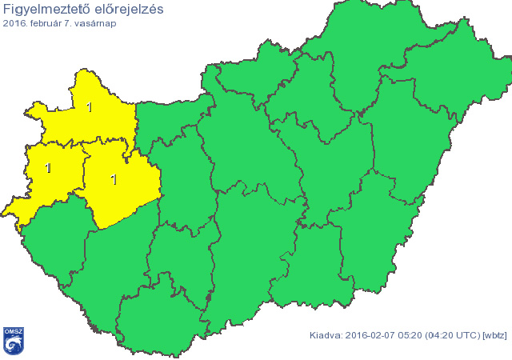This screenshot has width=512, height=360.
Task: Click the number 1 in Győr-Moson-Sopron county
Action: [89, 107]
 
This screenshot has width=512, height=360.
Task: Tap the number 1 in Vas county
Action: [49, 168]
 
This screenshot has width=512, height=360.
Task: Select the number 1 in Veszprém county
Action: [114, 179]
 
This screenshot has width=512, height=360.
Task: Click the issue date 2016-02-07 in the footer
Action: [371, 334]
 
